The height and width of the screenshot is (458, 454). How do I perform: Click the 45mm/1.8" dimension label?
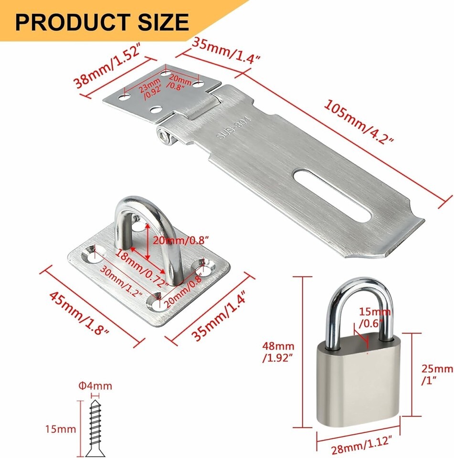coord(79,312)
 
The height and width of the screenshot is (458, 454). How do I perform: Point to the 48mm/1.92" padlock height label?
coord(279,353)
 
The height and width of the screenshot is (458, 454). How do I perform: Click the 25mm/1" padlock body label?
coord(436,375)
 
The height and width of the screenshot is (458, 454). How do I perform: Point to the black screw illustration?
coord(95,427)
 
